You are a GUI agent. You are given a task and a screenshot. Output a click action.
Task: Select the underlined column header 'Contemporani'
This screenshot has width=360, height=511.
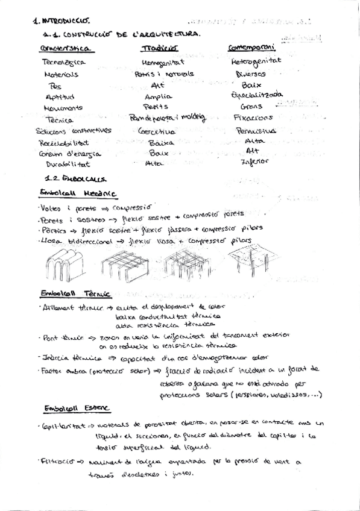[251, 47]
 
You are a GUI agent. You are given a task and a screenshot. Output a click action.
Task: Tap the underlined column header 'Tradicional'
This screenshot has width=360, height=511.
[160, 48]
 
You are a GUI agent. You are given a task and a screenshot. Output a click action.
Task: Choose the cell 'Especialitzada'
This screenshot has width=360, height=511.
[257, 95]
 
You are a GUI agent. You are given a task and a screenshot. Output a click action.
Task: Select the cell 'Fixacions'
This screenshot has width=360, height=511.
[253, 118]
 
